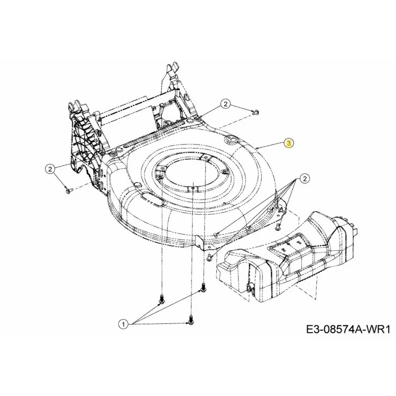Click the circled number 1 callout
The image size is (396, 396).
tap(123, 324)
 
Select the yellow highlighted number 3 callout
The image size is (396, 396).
tap(289, 143)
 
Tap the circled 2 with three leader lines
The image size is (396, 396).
tap(305, 179)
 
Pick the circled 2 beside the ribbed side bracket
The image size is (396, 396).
tap(50, 169)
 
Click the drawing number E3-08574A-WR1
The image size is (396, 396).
tap(348, 330)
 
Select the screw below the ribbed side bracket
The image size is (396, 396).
tap(68, 191)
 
